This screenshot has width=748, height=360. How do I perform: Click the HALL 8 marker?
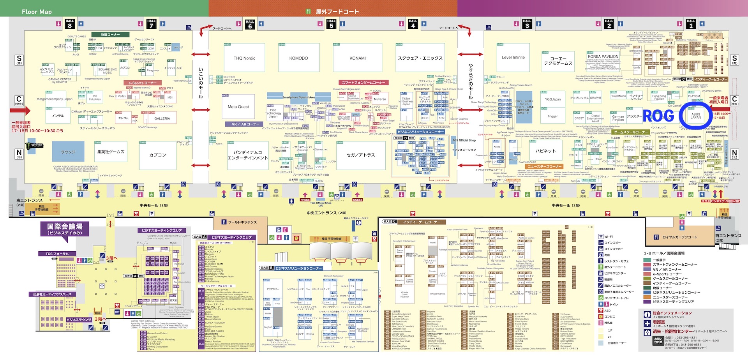click(70, 24)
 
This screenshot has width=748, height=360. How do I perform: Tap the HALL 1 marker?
click(691, 24)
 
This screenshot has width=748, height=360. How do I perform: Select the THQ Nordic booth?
click(244, 58)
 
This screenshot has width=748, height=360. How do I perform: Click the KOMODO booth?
click(298, 58)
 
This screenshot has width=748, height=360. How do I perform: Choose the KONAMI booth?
click(357, 58)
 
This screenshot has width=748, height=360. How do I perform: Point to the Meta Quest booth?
click(238, 107)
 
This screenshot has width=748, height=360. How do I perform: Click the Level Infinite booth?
click(513, 58)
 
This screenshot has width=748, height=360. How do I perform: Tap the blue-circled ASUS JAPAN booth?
click(695, 116)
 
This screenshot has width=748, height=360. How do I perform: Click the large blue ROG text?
click(658, 116)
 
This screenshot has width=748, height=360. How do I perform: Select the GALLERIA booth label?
click(162, 118)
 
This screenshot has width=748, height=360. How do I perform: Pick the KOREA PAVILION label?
click(603, 56)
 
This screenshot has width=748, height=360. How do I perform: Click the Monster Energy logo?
click(34, 146)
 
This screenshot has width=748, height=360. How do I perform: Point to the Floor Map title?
click(37, 12)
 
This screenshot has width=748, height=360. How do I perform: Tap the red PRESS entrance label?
click(305, 200)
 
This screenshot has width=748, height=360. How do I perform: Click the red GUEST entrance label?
click(357, 200)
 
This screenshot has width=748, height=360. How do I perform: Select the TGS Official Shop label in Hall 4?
click(464, 140)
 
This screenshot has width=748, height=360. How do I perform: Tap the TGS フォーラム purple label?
click(57, 254)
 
